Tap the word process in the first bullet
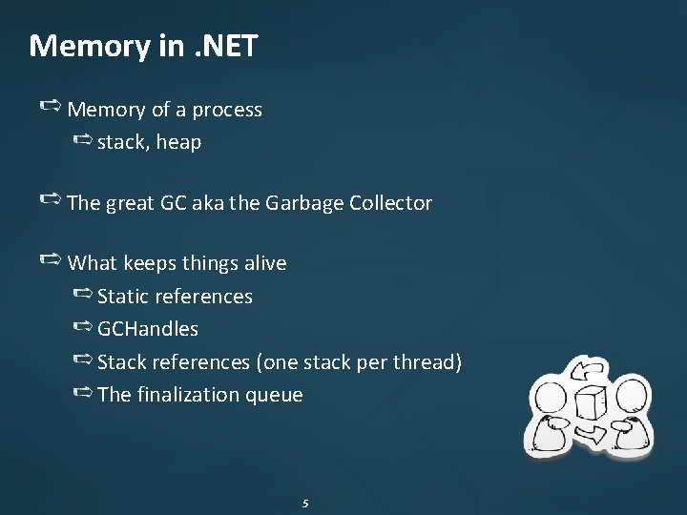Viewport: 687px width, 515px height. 227,110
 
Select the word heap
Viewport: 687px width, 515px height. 178,142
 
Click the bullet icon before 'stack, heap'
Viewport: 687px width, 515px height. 82,141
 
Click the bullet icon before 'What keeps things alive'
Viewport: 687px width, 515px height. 52,260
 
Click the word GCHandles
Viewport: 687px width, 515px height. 148,329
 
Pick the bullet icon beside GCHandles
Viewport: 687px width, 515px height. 82,328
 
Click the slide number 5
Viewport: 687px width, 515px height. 304,503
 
